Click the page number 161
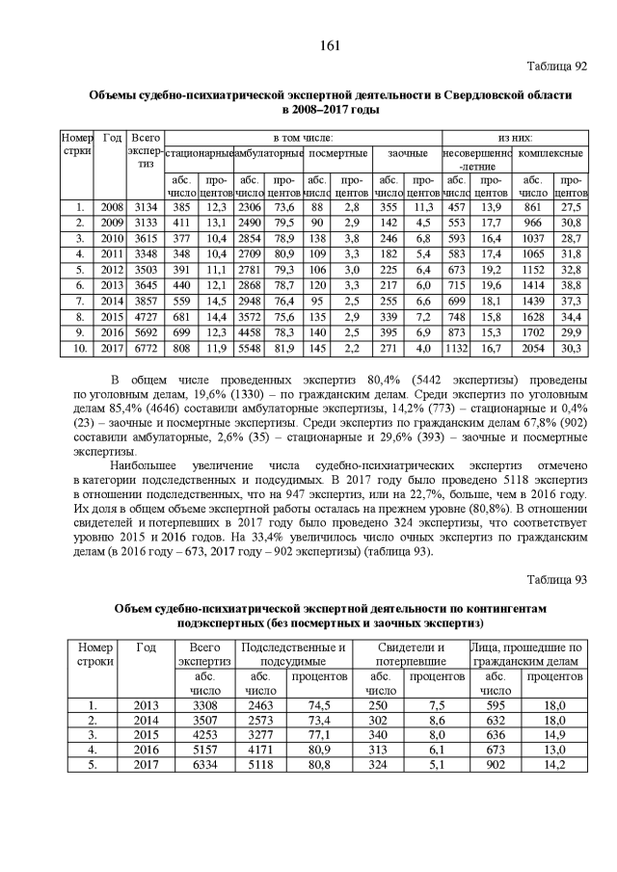(308, 46)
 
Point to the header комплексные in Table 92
(550, 153)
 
